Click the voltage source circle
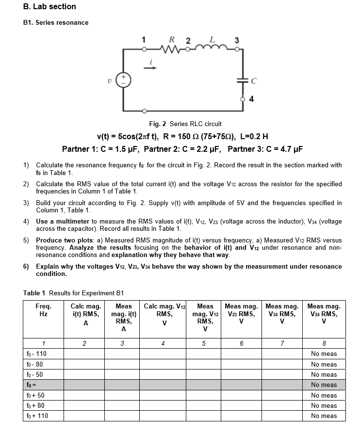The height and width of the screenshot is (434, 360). click(123, 80)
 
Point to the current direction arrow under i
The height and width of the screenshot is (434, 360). click(151, 68)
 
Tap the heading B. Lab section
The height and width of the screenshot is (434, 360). click(49, 7)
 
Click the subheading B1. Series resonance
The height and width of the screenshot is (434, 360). click(56, 23)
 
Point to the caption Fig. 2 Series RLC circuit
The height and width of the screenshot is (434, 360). click(185, 124)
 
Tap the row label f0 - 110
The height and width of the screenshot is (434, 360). click(36, 354)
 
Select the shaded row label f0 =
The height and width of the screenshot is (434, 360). click(31, 385)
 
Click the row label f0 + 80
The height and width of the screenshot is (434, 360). click(35, 406)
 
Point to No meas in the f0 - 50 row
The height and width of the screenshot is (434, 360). click(324, 375)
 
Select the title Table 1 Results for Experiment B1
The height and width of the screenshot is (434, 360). click(74, 293)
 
